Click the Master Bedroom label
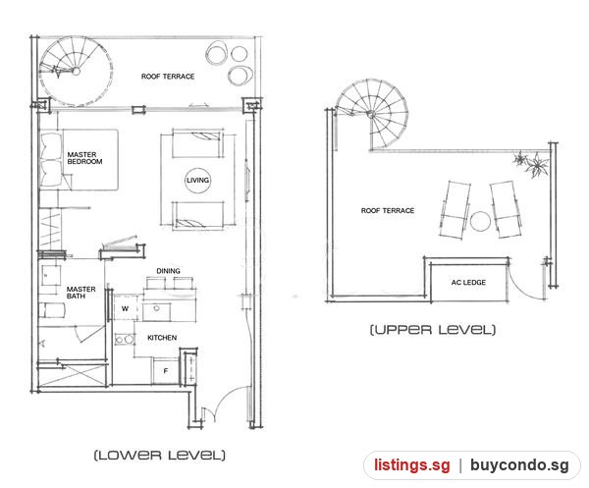click(x=84, y=158)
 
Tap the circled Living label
click(x=197, y=181)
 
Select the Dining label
click(x=168, y=271)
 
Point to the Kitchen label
click(x=162, y=338)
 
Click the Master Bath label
click(x=80, y=293)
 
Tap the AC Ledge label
click(x=468, y=282)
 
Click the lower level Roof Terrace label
click(x=168, y=77)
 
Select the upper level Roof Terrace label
click(x=388, y=211)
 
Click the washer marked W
click(x=125, y=308)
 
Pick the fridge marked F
click(x=165, y=371)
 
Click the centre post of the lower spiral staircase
click(x=77, y=71)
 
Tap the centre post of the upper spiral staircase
click(x=371, y=115)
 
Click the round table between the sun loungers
click(x=480, y=222)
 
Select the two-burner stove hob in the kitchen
click(x=125, y=340)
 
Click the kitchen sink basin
click(x=157, y=311)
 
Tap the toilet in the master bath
click(x=52, y=310)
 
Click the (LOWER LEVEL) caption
click(x=160, y=456)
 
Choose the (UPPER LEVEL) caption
click(x=433, y=330)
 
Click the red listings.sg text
click(x=412, y=465)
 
